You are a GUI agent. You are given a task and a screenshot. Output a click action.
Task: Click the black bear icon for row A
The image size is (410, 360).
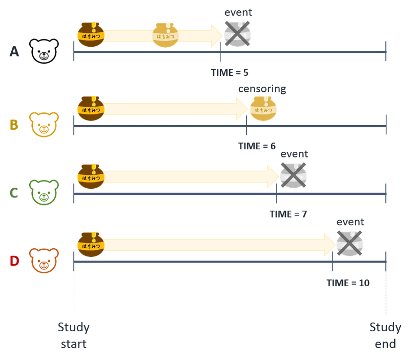coord(44,51)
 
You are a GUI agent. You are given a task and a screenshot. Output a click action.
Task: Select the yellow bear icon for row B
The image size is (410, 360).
coord(44,125)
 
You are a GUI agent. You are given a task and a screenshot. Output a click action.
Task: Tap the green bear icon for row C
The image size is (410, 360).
coord(44,192)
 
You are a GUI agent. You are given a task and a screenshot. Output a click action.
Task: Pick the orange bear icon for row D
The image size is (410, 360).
coord(44,261)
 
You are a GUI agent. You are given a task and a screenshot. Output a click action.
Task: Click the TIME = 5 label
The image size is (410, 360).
coord(230,73)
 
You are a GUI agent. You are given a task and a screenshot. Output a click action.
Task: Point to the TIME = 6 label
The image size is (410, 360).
coord(257,146)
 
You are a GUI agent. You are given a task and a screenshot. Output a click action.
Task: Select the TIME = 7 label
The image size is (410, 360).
coord(288,214)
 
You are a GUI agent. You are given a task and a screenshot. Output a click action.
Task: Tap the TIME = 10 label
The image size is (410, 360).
coord(348,283)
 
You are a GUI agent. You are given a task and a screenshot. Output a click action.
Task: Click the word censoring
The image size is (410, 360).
coord(262,89)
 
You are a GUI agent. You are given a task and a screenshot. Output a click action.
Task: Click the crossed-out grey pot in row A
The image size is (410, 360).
coord(237,34)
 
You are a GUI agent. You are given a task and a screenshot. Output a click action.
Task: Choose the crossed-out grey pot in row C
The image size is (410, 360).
coord(293,175)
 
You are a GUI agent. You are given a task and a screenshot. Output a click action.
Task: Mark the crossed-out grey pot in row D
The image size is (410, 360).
coord(350,243)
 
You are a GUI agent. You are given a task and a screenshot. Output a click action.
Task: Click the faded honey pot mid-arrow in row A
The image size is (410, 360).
coord(165,35)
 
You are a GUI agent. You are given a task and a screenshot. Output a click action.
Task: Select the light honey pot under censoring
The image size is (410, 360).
coord(263,109)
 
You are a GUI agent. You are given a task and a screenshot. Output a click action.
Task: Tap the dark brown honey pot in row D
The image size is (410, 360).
coord(91,245)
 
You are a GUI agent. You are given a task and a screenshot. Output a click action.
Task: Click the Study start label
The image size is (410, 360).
coord(73,335)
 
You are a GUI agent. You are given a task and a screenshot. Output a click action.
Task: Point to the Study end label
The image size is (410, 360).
coord(385,335)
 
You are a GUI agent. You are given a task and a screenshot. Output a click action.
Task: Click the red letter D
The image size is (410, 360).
coord(14,261)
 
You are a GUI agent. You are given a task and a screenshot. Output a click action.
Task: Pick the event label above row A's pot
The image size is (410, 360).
coord(238,12)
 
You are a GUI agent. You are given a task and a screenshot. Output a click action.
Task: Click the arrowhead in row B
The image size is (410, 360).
coord(242,109)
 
